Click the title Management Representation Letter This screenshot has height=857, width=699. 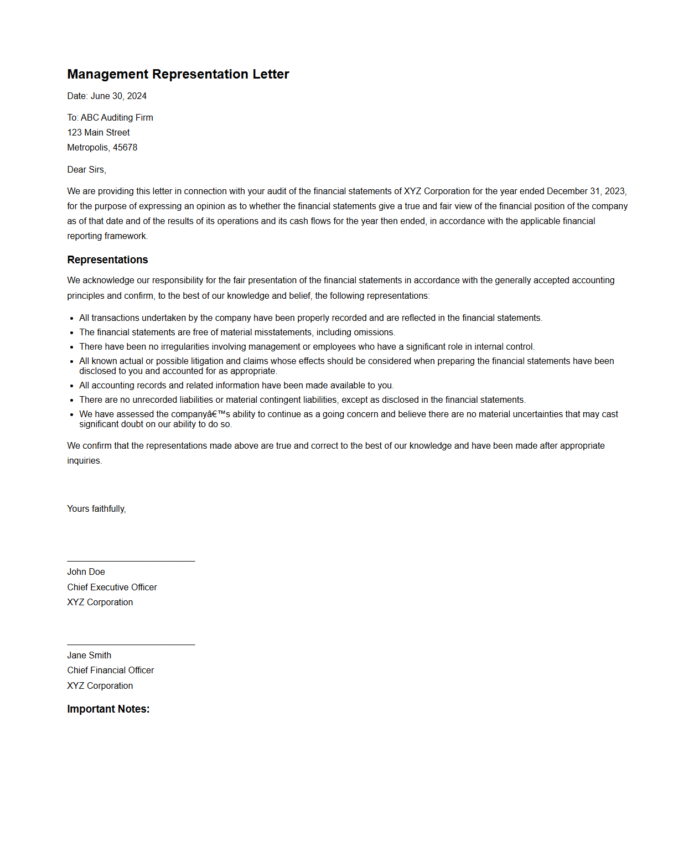coord(178,74)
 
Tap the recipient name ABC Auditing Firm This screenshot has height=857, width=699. coord(117,118)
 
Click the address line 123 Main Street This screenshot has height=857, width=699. coord(99,133)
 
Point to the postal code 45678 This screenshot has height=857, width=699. coord(125,148)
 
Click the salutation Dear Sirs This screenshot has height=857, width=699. coord(86,170)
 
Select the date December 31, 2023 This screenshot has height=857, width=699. coord(586,191)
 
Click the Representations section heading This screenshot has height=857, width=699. coord(107,260)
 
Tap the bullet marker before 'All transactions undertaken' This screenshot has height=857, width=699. coord(72,319)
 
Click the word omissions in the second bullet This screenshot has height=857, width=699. coord(374,333)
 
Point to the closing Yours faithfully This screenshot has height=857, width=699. coord(96,509)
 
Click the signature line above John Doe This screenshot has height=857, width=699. coord(131,562)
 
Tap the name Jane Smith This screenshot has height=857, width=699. coord(89,656)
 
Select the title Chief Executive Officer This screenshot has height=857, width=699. coord(112,588)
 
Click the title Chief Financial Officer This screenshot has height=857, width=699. coord(111,671)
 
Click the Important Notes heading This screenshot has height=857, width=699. coord(108,709)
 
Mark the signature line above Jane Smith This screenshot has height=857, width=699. coord(131,645)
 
